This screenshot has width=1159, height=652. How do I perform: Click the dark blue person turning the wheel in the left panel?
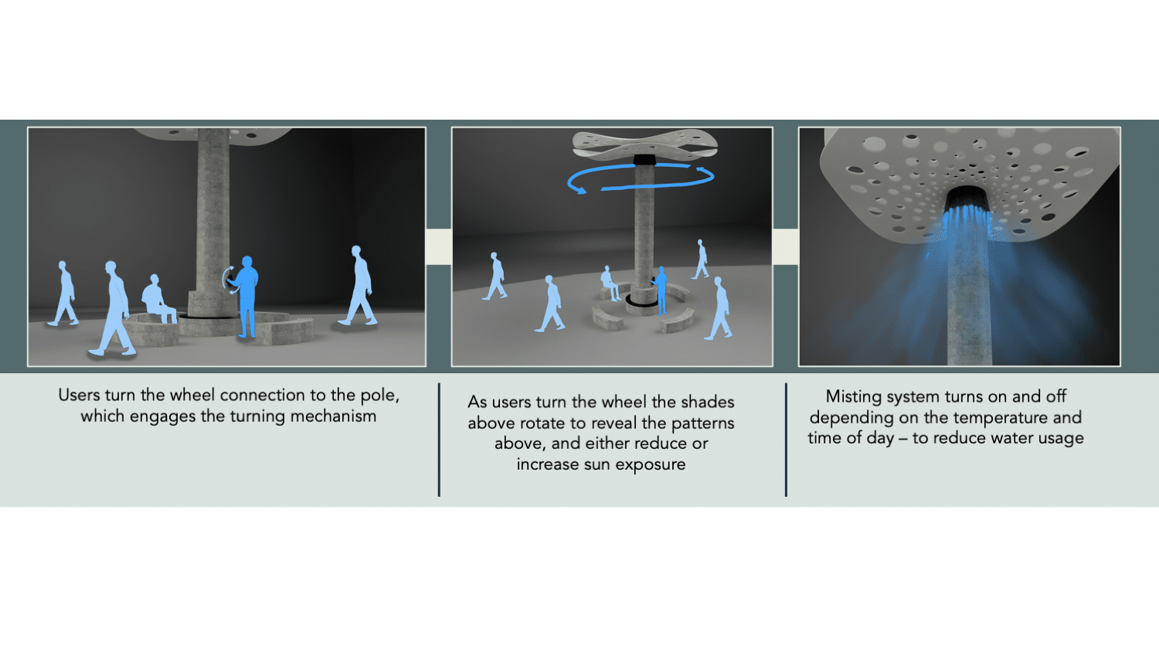pos(246,296)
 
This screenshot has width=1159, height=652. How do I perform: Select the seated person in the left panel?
pos(157,298)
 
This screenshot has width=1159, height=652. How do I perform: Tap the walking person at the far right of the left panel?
pos(359,286)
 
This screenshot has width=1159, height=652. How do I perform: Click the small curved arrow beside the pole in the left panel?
pos(228,280)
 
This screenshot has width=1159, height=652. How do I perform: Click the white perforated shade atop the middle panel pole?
pos(644,144)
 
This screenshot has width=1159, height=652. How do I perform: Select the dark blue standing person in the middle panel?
pos(660,290)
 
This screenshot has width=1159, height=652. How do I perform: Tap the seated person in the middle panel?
pos(609,283)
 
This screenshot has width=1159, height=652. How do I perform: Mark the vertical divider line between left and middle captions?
pos(440,440)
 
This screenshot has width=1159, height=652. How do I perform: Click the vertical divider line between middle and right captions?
pos(786,440)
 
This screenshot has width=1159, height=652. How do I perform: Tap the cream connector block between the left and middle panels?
pos(439,247)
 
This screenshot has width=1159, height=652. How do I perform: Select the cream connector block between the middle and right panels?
pos(786,247)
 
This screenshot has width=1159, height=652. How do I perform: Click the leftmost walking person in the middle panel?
pos(495,277)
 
